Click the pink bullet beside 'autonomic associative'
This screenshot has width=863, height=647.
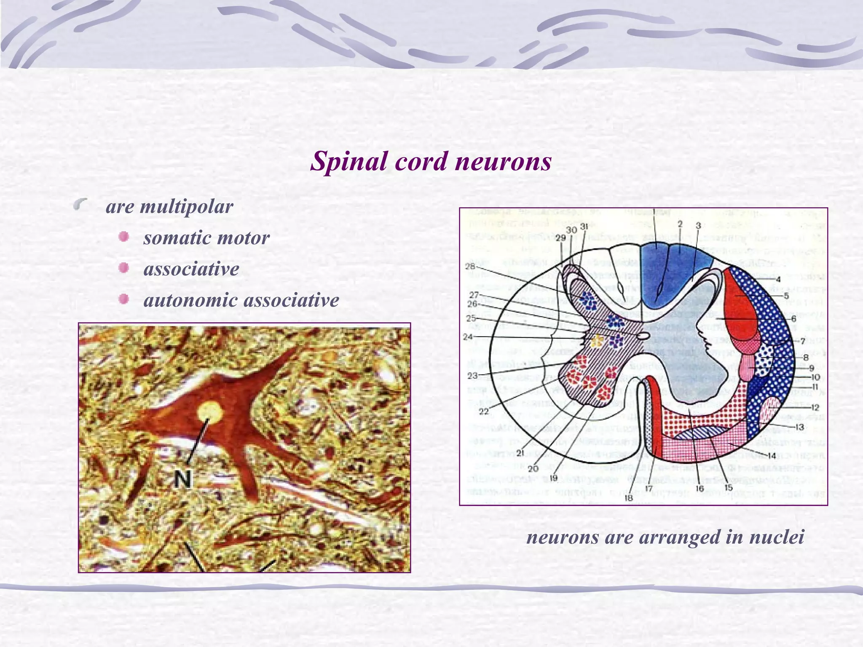[x=123, y=299]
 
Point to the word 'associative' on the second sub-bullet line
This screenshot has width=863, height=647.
[x=191, y=269]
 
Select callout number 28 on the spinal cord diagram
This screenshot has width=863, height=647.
[x=470, y=266]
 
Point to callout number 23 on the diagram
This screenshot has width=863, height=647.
[x=472, y=375]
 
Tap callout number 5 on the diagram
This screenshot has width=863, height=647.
[x=786, y=296]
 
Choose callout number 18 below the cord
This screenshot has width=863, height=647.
[x=629, y=497]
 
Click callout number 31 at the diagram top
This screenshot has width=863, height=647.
[x=584, y=227]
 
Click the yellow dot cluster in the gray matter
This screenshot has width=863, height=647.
[x=596, y=341]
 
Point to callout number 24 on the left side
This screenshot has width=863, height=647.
[x=468, y=337]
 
